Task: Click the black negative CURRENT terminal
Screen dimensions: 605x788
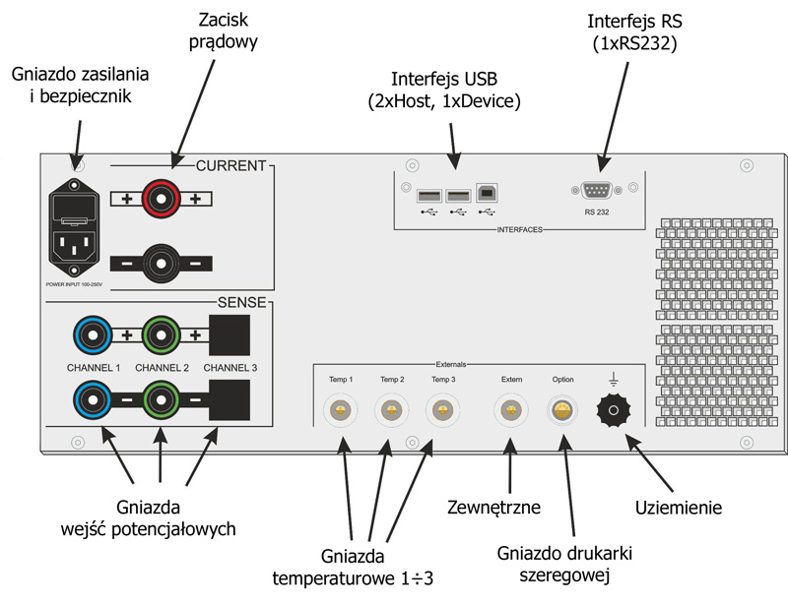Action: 162,263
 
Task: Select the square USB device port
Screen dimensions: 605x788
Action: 487,193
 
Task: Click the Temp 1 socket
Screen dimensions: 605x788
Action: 340,409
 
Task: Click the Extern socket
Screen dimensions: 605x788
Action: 509,409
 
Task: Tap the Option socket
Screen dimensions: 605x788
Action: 563,409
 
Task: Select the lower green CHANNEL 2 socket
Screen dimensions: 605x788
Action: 161,401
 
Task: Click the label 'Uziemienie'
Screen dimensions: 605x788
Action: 678,508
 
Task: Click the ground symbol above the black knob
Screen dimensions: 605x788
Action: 615,377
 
